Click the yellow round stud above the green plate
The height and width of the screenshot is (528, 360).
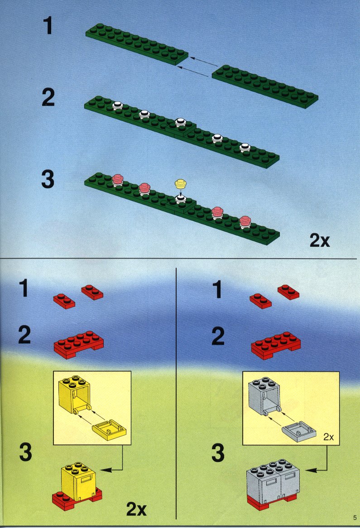(181, 183)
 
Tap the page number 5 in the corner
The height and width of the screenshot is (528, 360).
(355, 517)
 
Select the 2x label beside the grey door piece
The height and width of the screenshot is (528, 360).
(328, 437)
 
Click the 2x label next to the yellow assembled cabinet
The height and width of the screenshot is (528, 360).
(136, 509)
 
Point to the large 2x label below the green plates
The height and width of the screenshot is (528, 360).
(320, 240)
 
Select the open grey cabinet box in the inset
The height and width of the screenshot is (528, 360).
(265, 395)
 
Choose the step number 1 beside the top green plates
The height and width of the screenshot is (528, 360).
(48, 26)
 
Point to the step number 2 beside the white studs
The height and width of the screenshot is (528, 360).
(48, 97)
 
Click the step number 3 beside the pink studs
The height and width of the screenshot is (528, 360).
(48, 179)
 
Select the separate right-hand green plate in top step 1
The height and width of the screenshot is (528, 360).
(265, 86)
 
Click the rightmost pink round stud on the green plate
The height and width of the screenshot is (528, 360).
(245, 221)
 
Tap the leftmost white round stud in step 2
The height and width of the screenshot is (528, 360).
(117, 106)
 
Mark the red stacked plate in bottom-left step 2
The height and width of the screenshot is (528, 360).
(79, 344)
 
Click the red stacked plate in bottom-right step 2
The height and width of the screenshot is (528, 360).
(276, 345)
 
